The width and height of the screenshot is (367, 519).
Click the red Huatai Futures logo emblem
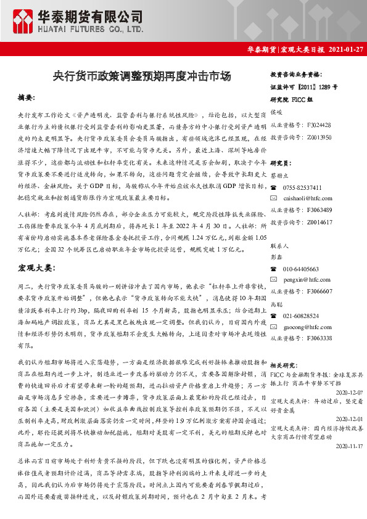tap(25, 20)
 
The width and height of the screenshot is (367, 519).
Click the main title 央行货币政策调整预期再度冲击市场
tap(142, 76)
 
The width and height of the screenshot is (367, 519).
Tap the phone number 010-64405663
tap(301, 269)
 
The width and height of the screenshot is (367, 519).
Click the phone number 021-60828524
tap(301, 316)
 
